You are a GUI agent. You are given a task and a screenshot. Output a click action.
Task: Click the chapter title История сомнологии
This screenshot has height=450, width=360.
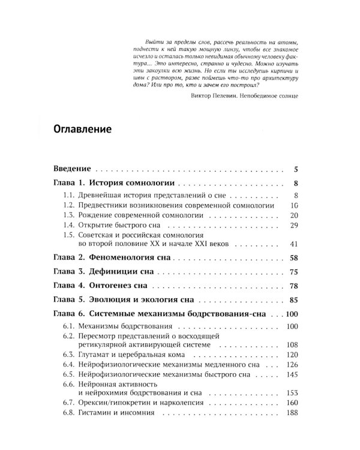tap(132, 184)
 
